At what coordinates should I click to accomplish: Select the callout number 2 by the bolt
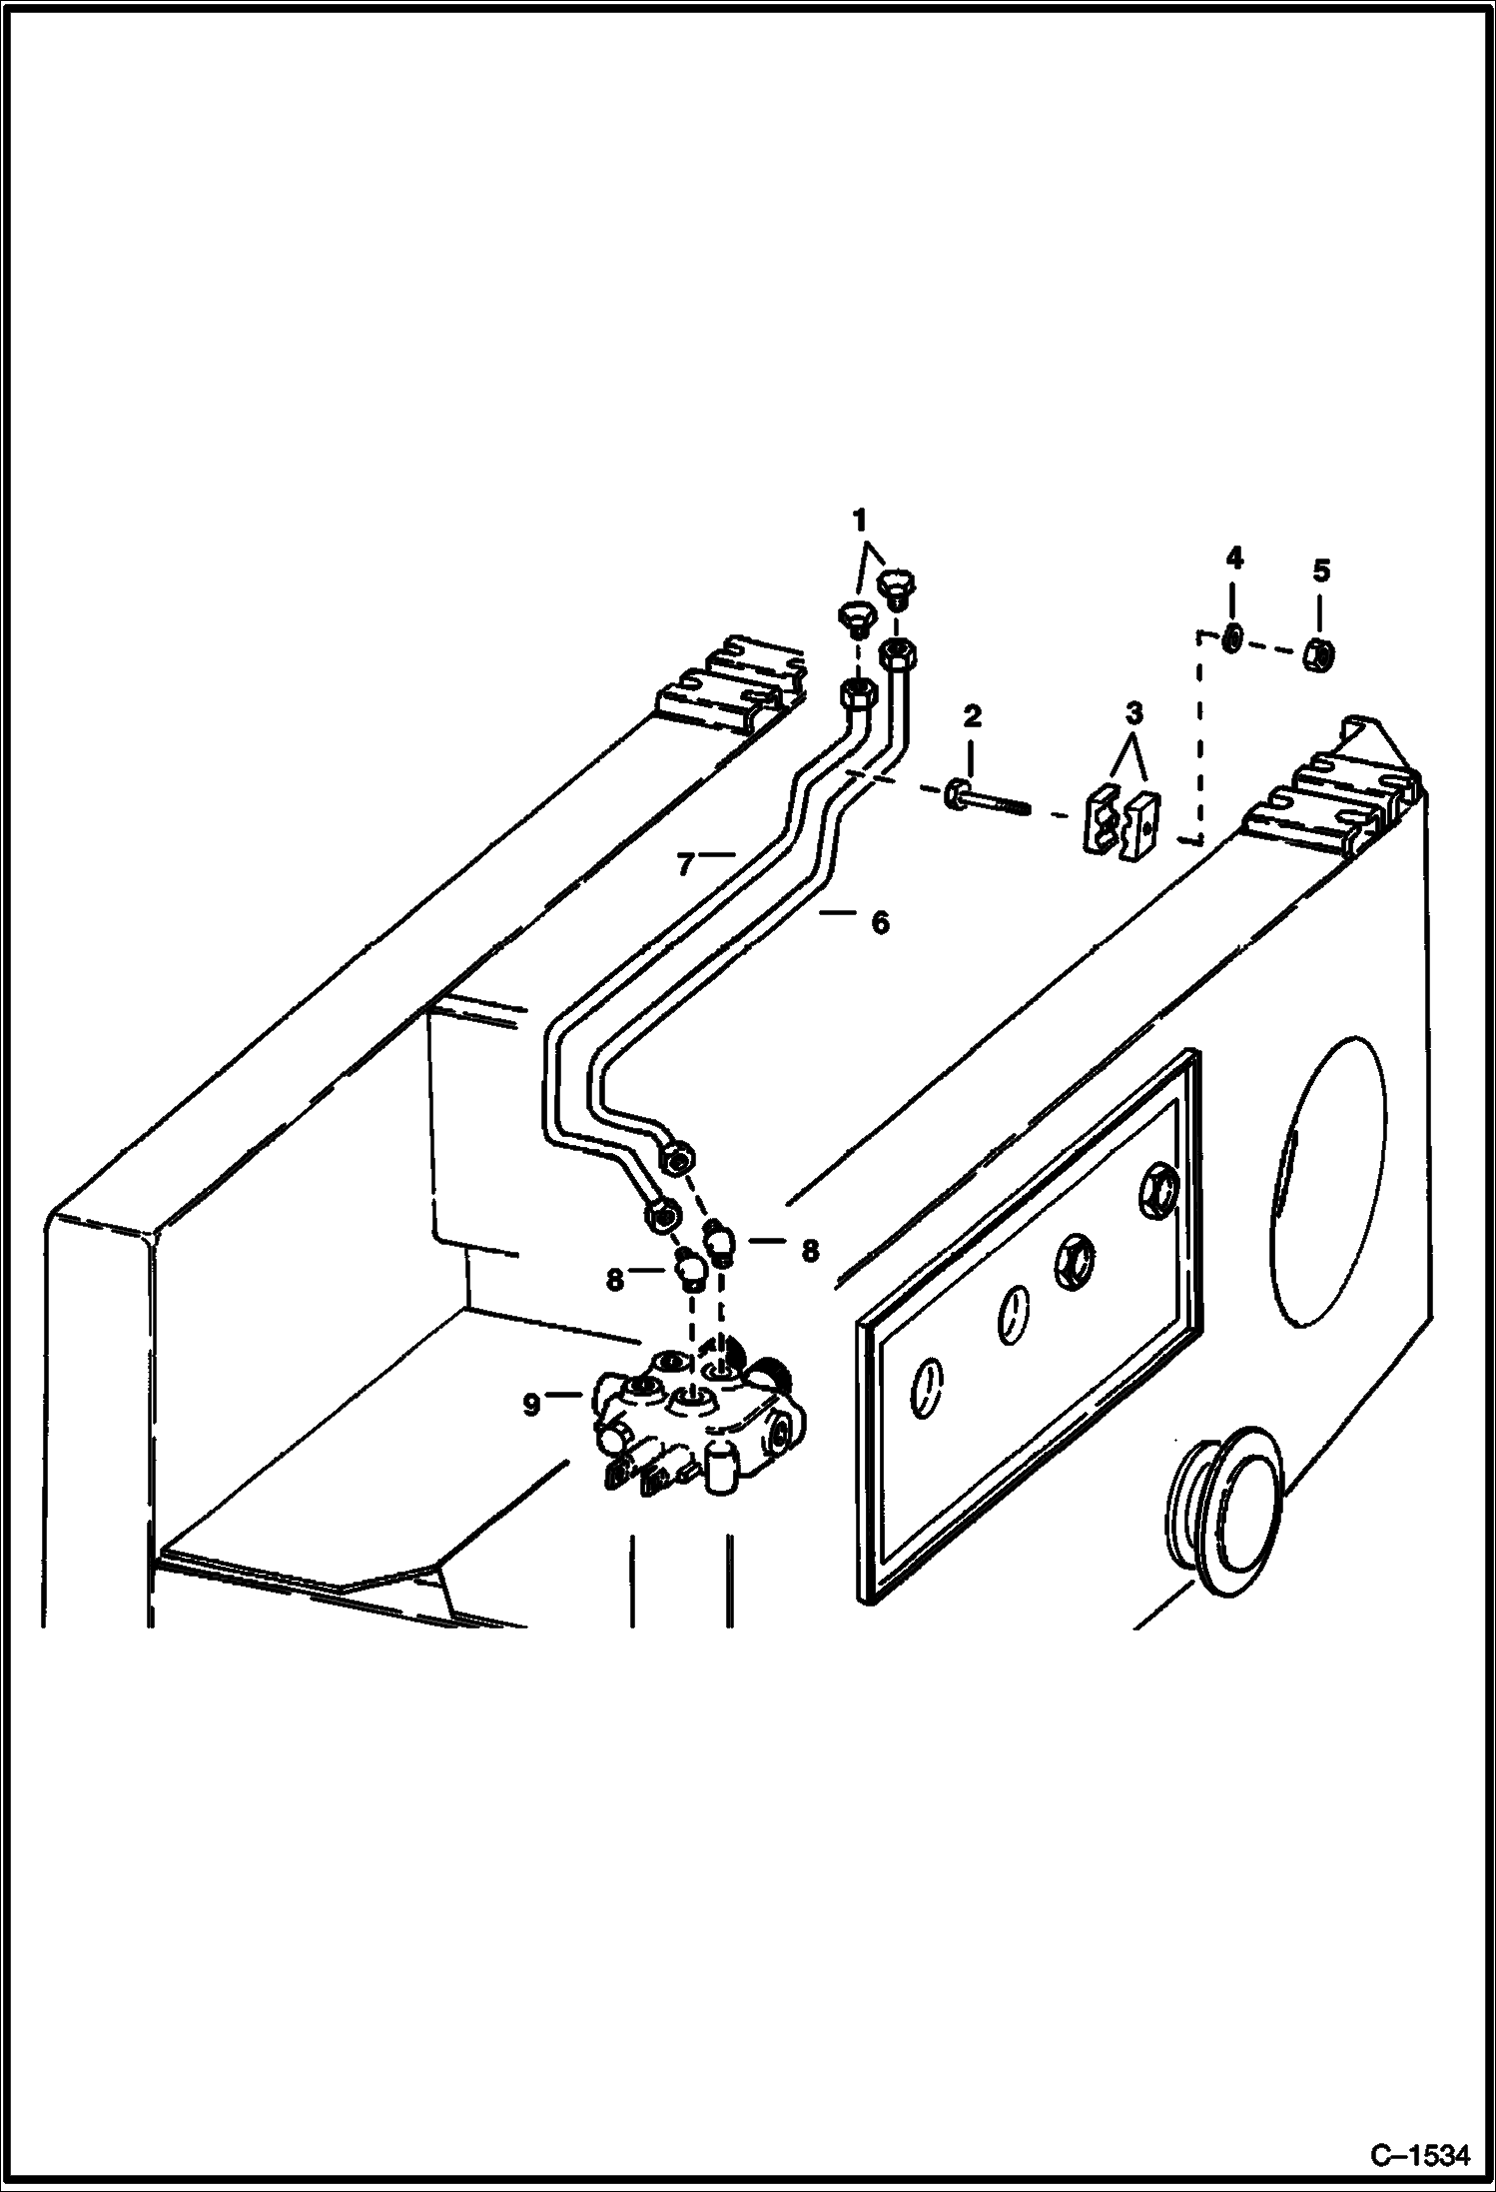pyautogui.click(x=972, y=715)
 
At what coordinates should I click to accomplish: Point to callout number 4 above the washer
pyautogui.click(x=1233, y=557)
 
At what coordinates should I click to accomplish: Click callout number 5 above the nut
pyautogui.click(x=1320, y=570)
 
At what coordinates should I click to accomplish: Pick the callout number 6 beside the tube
pyautogui.click(x=879, y=922)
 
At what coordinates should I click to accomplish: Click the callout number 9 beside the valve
pyautogui.click(x=531, y=1405)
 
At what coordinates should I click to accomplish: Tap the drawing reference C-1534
pyautogui.click(x=1419, y=2155)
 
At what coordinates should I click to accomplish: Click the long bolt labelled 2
pyautogui.click(x=985, y=798)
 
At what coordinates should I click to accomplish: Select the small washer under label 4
pyautogui.click(x=1233, y=636)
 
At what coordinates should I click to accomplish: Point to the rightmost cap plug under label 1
pyautogui.click(x=897, y=587)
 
